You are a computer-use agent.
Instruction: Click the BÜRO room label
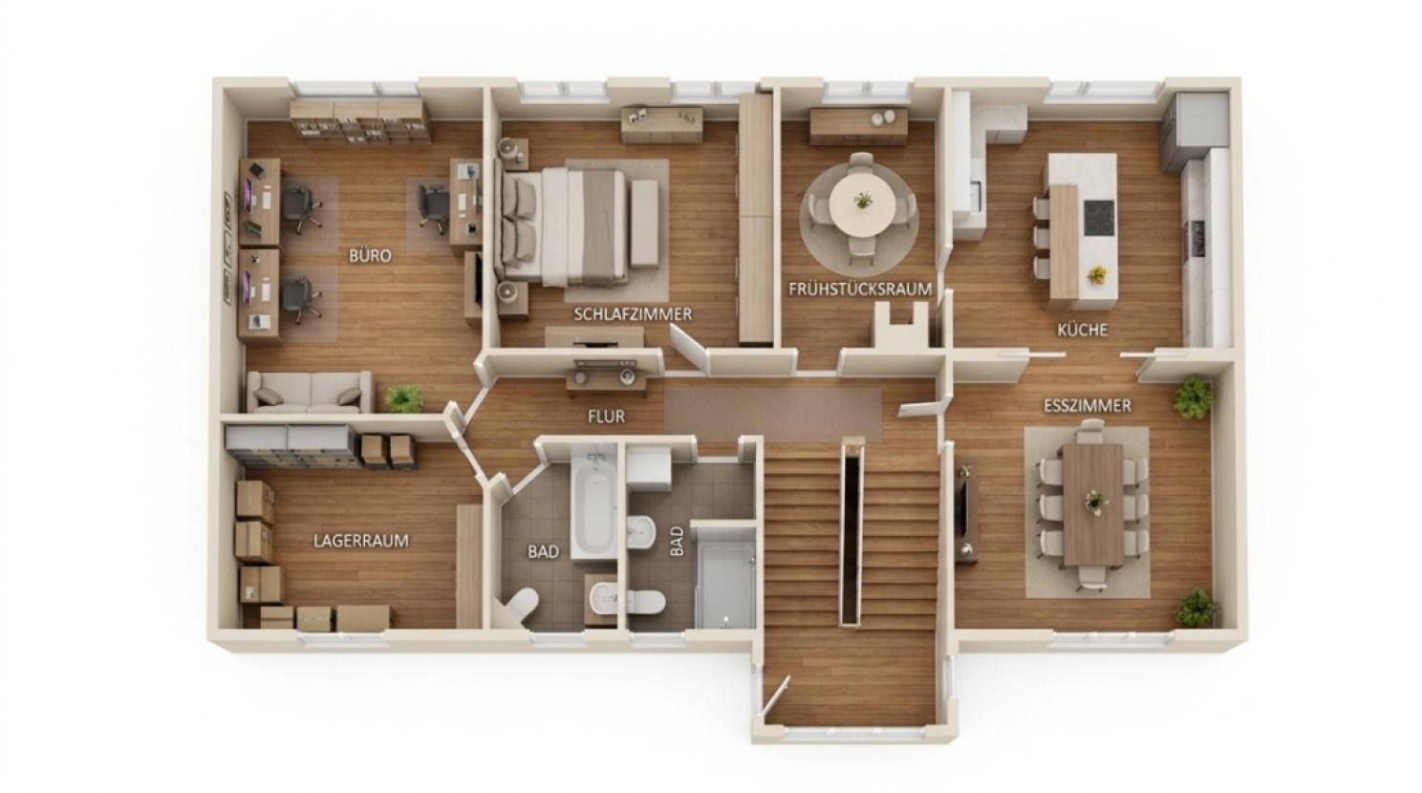[370, 256]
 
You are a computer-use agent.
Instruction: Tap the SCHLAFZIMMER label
[633, 314]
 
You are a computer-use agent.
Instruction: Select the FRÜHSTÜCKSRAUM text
[860, 289]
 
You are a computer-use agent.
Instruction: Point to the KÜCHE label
[1083, 331]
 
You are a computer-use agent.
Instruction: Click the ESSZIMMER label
[1088, 406]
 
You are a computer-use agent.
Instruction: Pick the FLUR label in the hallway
[606, 418]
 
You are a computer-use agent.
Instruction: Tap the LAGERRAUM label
[361, 541]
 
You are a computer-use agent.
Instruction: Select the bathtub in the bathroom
[594, 503]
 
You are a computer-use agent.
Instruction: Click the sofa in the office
[310, 392]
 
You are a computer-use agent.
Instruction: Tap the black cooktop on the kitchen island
[1099, 218]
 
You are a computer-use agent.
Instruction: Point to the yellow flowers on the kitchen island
[1096, 275]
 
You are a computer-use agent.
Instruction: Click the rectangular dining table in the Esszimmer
[1093, 504]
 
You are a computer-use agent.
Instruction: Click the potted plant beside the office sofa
[404, 398]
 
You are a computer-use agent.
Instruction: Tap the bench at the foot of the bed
[645, 223]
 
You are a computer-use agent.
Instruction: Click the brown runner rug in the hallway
[773, 416]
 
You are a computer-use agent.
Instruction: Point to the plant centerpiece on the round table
[863, 201]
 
